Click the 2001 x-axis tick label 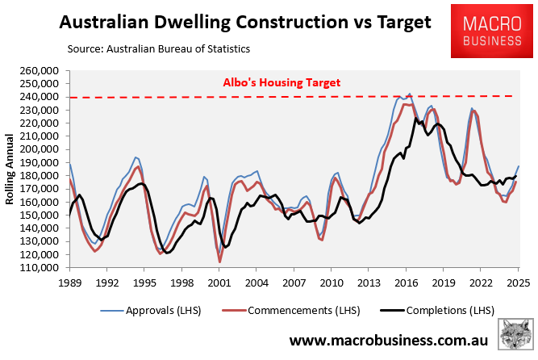(219, 283)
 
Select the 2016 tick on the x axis (406, 283)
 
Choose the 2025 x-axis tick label (518, 283)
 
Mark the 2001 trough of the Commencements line (219, 261)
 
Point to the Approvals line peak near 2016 (409, 94)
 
